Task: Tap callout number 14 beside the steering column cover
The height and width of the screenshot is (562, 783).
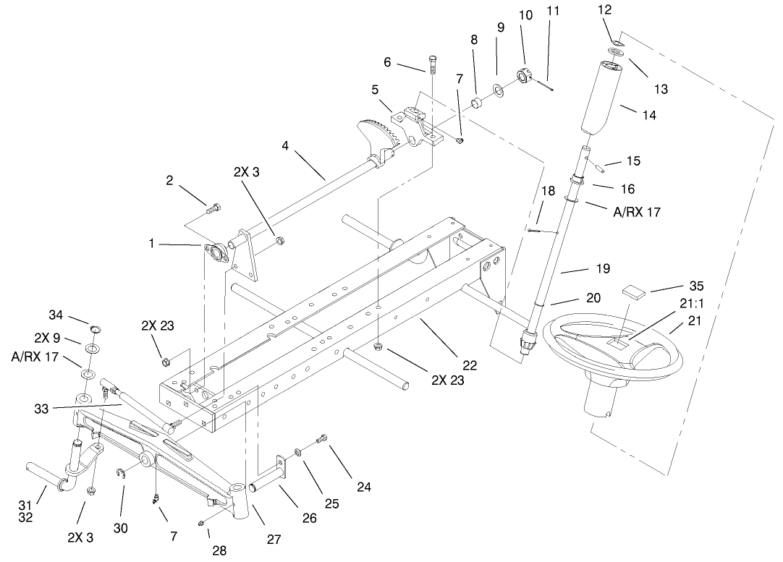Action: (649, 114)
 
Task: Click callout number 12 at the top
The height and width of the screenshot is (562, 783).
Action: (605, 10)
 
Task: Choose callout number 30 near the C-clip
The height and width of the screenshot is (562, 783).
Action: (120, 528)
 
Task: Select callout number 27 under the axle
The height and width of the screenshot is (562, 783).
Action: (274, 539)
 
